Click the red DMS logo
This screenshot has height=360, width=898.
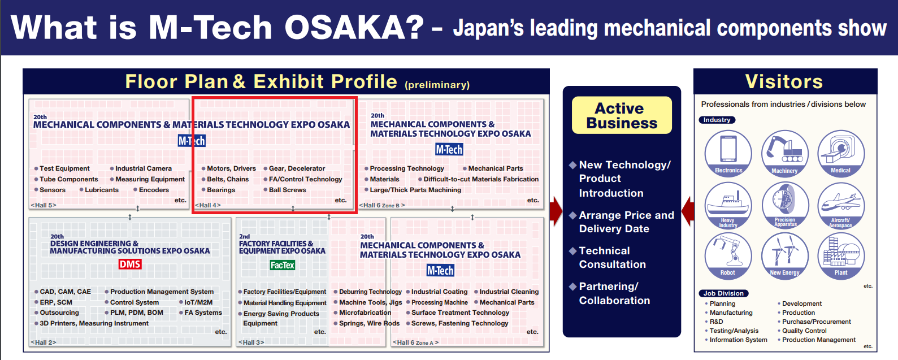tap(130, 264)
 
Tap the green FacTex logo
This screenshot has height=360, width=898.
tap(282, 265)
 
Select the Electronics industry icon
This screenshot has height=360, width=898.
tap(728, 154)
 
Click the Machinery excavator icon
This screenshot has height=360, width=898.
tap(784, 154)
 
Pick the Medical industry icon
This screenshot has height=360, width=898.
tap(841, 154)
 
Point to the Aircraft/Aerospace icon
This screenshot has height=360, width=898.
tap(841, 206)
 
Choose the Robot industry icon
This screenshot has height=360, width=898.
tap(728, 256)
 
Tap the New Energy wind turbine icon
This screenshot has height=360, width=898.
tap(784, 256)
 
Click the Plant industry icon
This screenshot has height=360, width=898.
tap(841, 256)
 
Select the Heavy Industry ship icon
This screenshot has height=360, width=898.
tap(728, 206)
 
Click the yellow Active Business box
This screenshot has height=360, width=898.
tap(622, 115)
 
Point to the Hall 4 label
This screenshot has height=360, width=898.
tap(207, 205)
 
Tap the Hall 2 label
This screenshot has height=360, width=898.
tap(44, 342)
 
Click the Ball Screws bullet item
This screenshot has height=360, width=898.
tap(285, 190)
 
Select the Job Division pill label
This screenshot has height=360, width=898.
tap(723, 293)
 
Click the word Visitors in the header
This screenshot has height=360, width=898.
tap(784, 81)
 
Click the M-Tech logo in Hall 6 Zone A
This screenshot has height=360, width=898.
tap(440, 271)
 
